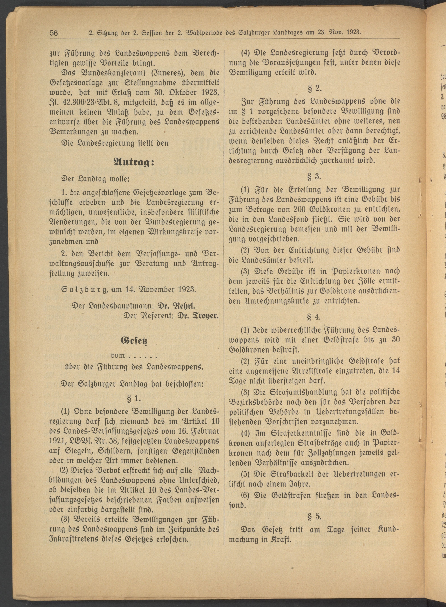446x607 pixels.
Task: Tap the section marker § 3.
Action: [x=314, y=177]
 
